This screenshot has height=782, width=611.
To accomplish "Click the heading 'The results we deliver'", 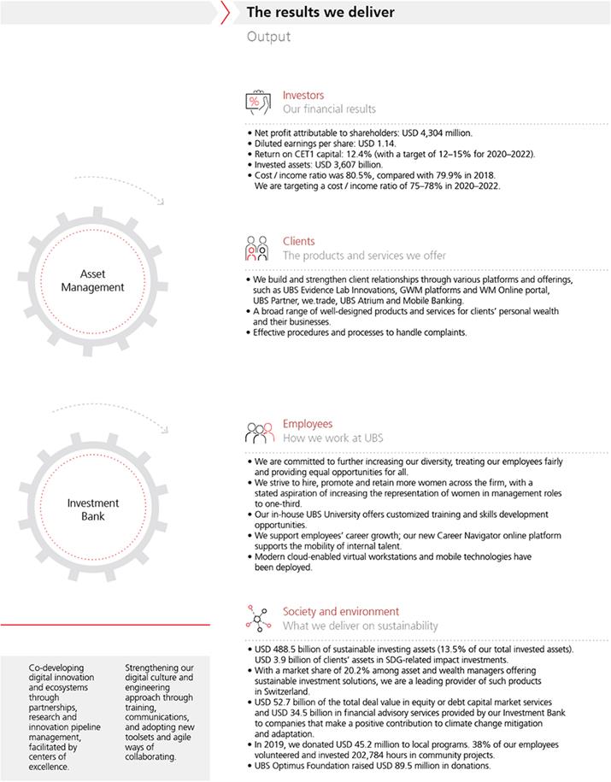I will pos(320,13).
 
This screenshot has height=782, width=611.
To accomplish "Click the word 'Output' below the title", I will pos(268,37).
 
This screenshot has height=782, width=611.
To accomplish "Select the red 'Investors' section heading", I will pos(303,96).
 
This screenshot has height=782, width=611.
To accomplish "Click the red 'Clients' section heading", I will pos(298,242).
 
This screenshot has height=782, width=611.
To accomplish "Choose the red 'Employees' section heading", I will pos(307,424).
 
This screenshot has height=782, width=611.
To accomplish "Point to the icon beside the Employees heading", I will pos(261,432).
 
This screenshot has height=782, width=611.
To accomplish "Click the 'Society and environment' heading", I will pos(340,612).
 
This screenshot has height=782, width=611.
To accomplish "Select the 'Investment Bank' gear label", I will pos(93,509).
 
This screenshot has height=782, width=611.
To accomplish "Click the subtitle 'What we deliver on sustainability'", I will pos(360,626).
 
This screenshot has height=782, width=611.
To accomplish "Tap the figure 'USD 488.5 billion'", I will pos(287,650).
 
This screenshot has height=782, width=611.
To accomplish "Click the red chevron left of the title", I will pos(226,13).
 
